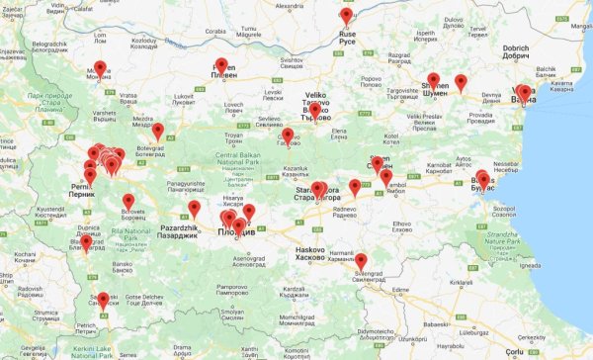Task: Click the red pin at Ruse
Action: [x=346, y=17]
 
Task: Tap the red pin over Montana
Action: [x=100, y=68]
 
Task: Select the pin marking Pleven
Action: [x=220, y=65]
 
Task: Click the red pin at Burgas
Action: [x=481, y=179]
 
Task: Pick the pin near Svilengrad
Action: [x=361, y=261]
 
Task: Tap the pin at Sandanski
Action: [x=103, y=300]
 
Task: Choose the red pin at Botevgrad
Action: [x=157, y=130]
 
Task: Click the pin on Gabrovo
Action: [x=288, y=135]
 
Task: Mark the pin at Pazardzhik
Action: [x=194, y=209]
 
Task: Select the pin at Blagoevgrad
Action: [x=86, y=241]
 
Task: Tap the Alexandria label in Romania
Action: [x=289, y=5]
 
